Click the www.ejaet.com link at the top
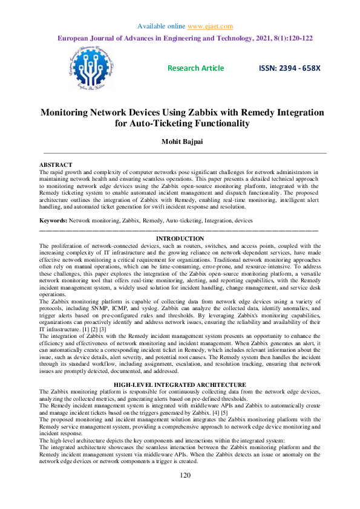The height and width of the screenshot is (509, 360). point(210,26)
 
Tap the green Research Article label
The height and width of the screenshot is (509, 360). point(195,68)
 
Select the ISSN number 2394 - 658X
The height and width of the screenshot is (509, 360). point(289,68)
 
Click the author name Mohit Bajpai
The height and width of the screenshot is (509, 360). point(180,141)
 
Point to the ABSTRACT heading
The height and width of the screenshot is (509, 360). point(56,164)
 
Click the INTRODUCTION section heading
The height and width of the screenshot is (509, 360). point(180,239)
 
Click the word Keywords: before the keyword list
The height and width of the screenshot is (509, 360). point(53,222)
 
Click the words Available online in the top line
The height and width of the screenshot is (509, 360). point(160,26)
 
